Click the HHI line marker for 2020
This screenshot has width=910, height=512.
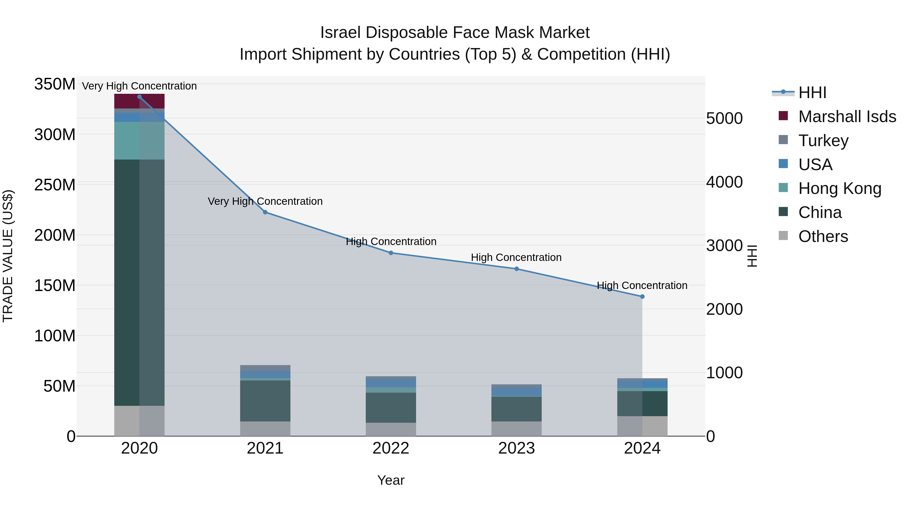[139, 97]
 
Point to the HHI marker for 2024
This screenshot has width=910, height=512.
[642, 297]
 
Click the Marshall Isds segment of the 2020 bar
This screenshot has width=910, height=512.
[139, 102]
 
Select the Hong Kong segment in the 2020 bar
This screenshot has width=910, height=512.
[139, 141]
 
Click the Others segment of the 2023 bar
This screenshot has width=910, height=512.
[516, 428]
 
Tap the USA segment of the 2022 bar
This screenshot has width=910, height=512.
[391, 383]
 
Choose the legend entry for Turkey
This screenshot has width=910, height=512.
[823, 141]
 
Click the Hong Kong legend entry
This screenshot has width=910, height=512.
[840, 188]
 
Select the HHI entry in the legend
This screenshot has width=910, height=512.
[812, 93]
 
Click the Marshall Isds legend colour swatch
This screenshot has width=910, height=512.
[783, 116]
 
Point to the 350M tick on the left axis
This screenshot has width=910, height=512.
[55, 84]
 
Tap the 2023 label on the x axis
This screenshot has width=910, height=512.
[516, 448]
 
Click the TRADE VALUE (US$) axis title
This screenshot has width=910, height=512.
[8, 256]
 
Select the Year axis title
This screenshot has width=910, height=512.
[391, 480]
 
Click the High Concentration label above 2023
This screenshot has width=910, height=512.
[516, 257]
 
